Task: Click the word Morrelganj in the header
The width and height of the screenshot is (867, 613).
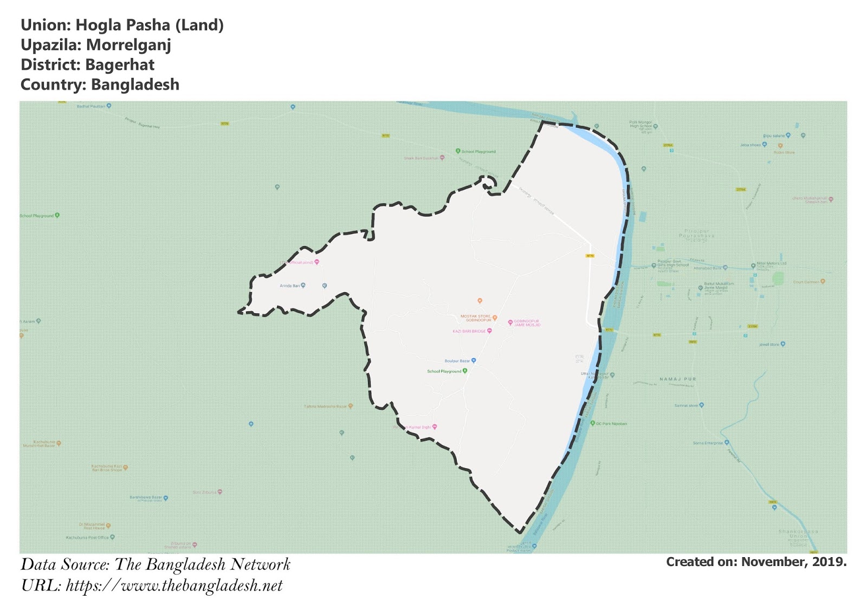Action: point(128,45)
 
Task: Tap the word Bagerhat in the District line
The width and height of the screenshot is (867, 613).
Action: point(120,65)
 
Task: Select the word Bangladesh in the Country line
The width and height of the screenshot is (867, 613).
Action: point(135,85)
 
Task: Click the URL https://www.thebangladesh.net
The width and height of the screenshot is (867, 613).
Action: point(174,586)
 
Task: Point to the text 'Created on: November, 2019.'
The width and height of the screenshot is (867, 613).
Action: point(756,562)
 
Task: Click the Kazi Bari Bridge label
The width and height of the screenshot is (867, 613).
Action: point(469,331)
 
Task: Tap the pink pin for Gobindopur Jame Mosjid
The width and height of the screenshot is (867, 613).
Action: point(510,322)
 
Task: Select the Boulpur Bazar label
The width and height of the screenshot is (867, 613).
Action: point(457,361)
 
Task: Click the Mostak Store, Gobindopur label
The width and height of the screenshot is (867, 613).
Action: point(476,318)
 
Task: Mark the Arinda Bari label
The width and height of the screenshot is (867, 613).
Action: point(289,286)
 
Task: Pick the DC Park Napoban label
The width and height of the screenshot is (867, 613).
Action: point(611,424)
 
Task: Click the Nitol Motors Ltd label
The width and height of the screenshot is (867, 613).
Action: point(771,264)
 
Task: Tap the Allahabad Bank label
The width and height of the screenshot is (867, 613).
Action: point(708,268)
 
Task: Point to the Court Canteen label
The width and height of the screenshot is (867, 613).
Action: point(806,282)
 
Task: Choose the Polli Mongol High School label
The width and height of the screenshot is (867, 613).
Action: point(640,124)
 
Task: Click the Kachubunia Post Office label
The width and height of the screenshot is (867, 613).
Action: point(87,538)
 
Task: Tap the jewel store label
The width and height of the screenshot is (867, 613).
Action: point(769,345)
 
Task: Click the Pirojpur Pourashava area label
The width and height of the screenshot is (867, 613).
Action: point(696,234)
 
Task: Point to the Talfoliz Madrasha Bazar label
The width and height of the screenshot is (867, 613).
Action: point(325,406)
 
